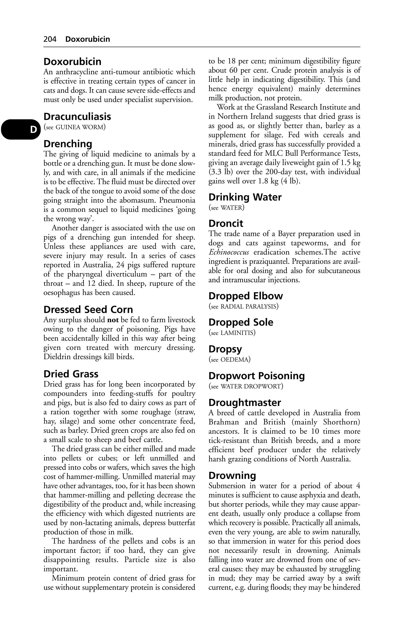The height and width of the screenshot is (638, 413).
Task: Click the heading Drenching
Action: pyautogui.click(x=68, y=144)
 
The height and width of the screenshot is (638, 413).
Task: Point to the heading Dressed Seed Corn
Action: pyautogui.click(x=88, y=310)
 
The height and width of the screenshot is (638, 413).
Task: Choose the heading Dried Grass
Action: pyautogui.click(x=71, y=374)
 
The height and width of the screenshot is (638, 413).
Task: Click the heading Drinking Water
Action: pyautogui.click(x=245, y=197)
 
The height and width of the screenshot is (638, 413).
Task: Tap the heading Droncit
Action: pyautogui.click(x=226, y=224)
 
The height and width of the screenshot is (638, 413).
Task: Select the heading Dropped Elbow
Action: pyautogui.click(x=246, y=296)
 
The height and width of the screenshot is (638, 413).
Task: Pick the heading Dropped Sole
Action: pyautogui.click(x=241, y=322)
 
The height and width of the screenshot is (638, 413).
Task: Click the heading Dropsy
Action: pyautogui.click(x=225, y=349)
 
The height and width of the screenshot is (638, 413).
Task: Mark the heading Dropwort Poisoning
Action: pyautogui.click(x=257, y=376)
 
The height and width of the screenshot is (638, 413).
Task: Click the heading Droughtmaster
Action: pyautogui.click(x=245, y=403)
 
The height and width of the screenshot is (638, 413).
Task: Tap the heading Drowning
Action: pyautogui.click(x=232, y=476)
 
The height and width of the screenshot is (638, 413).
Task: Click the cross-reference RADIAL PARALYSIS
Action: pyautogui.click(x=249, y=306)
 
